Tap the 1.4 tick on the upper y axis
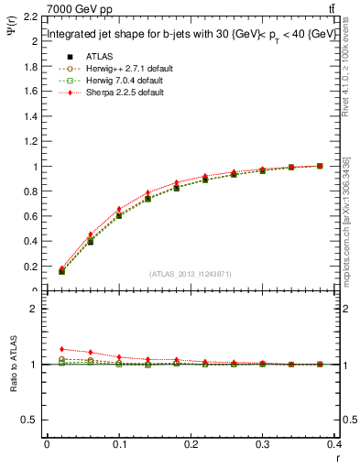click(x=30, y=117)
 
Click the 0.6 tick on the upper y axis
click(x=30, y=217)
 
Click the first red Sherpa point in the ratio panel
click(x=61, y=349)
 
